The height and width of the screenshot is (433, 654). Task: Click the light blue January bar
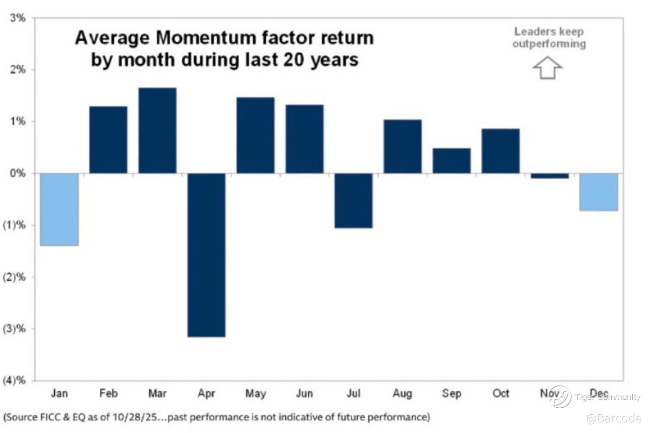(59, 209)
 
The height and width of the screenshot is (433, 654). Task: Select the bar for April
(206, 255)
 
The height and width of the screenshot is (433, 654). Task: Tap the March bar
(157, 130)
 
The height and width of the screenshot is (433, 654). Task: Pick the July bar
(353, 200)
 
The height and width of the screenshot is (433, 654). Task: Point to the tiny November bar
(550, 176)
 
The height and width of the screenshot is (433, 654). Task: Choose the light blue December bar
(599, 192)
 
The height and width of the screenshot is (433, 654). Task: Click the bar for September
(451, 161)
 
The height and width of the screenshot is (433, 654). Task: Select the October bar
(500, 151)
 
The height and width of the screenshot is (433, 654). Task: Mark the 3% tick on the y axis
(18, 18)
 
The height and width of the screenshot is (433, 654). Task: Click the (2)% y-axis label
(15, 277)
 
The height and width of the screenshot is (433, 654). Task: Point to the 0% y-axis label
(18, 173)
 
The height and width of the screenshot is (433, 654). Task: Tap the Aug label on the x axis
(402, 394)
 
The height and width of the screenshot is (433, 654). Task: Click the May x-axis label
(255, 394)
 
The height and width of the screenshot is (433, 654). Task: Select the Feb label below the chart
(108, 394)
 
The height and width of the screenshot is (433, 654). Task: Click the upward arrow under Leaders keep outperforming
(547, 68)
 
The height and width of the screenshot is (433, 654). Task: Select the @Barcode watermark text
(614, 418)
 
